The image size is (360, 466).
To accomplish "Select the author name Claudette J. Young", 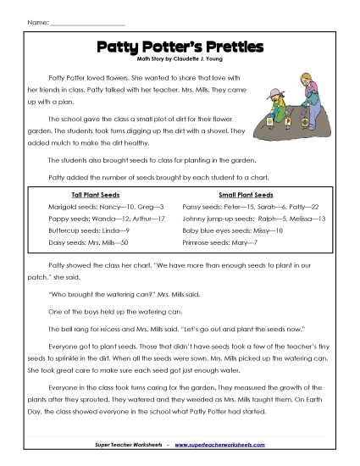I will coord(196,61).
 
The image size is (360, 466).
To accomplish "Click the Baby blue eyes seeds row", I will coord(233,230).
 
